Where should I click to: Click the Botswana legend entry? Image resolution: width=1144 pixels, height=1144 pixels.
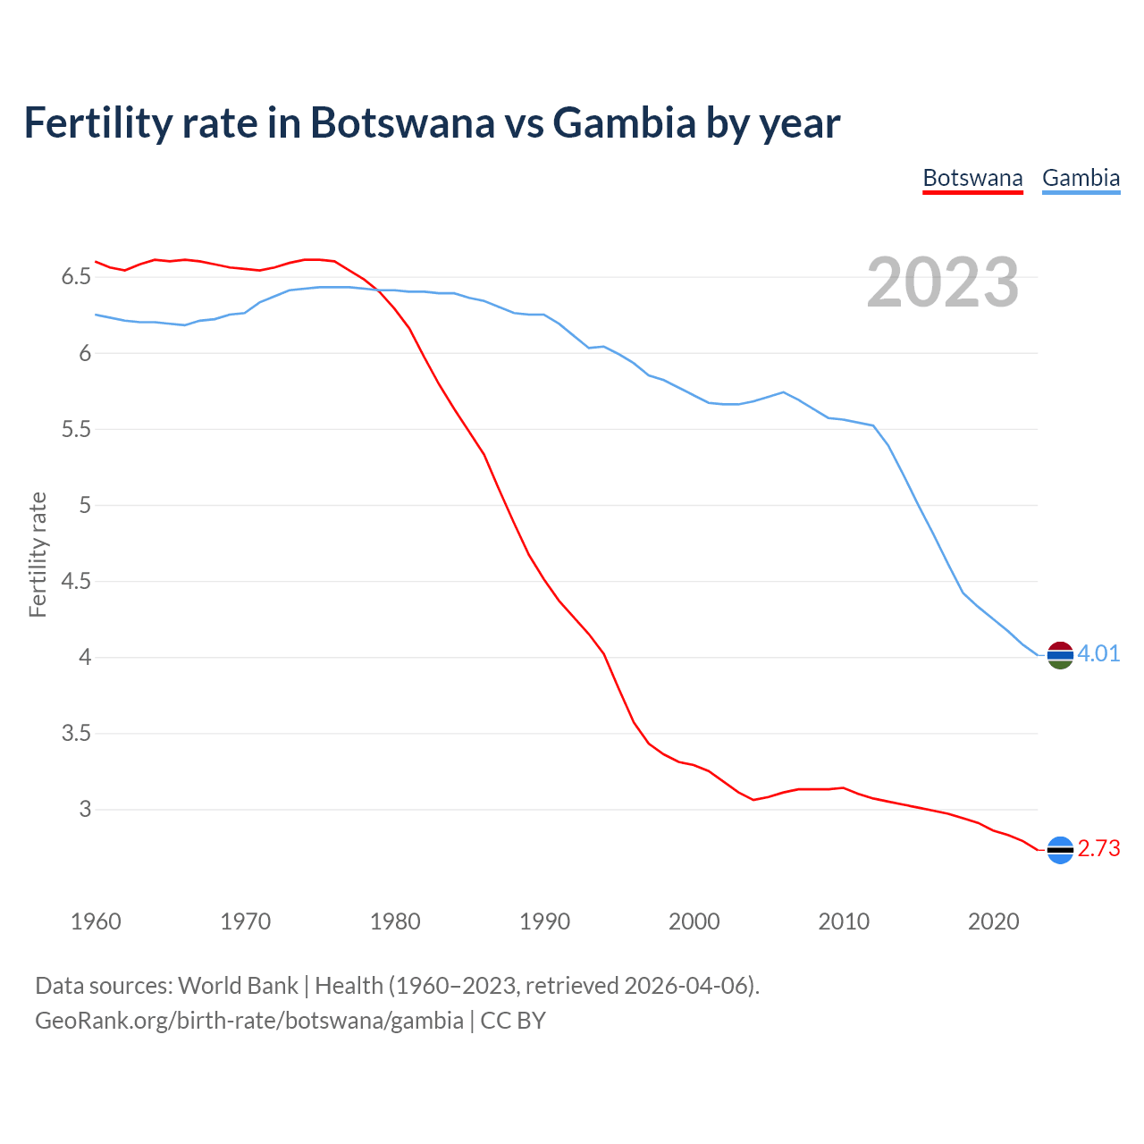[x=972, y=178]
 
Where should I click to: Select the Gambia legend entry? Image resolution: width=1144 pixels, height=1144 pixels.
[x=1081, y=178]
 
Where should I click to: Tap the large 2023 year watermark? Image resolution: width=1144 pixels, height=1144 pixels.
[x=942, y=282]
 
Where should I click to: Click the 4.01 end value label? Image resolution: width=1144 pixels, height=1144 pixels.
[x=1098, y=653]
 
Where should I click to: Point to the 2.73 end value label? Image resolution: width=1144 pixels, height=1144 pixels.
[x=1098, y=848]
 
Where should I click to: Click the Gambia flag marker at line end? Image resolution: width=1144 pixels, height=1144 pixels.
[x=1060, y=655]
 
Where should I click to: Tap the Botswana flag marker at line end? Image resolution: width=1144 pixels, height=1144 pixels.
[x=1060, y=850]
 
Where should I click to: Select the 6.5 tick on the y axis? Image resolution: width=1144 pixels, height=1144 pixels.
[x=76, y=277]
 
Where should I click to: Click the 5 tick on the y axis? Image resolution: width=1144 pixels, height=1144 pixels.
[x=85, y=506]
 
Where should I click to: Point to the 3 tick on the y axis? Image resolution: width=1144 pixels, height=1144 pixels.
[x=85, y=810]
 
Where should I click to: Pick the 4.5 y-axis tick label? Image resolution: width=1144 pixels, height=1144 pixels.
[x=76, y=582]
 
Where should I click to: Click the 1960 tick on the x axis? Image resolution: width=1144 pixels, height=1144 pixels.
[x=96, y=921]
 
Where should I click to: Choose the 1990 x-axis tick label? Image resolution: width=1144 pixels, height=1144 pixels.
[x=544, y=921]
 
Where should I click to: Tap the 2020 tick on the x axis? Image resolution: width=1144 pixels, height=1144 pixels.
[x=993, y=921]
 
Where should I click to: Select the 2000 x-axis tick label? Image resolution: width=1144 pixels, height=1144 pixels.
[x=694, y=921]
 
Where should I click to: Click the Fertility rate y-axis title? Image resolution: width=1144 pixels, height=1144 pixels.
[x=38, y=554]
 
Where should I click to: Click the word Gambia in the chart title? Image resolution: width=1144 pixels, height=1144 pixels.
[x=624, y=122]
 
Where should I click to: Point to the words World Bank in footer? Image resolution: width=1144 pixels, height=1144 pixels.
[x=238, y=986]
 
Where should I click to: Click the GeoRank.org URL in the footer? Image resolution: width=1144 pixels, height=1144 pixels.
[x=248, y=1021]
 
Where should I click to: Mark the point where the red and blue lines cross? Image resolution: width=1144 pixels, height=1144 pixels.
[x=379, y=290]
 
